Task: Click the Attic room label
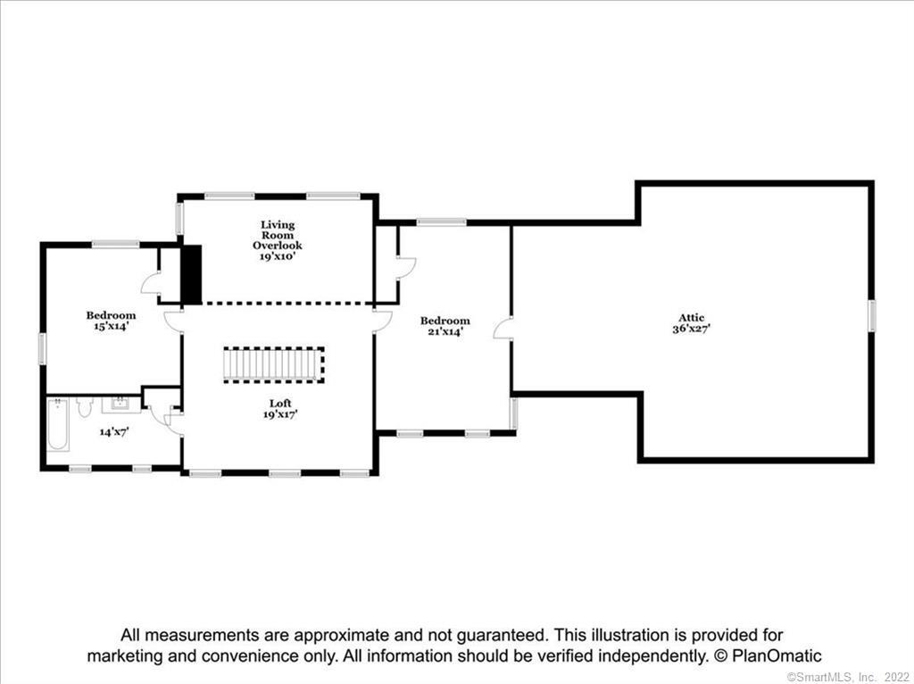[x=692, y=318]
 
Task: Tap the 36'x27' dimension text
[x=692, y=329]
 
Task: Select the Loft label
[x=280, y=404]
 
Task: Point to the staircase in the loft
[x=274, y=365]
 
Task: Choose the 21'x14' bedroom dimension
[x=445, y=331]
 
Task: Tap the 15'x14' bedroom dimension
[x=111, y=326]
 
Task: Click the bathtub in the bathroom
[x=58, y=424]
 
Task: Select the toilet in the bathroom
[x=85, y=406]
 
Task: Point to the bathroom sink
[x=121, y=405]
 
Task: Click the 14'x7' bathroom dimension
[x=113, y=432]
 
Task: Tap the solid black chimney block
[x=191, y=274]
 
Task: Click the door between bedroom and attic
[x=503, y=328]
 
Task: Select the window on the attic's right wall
[x=871, y=315]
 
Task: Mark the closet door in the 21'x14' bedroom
[x=406, y=267]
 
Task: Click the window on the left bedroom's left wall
[x=43, y=349]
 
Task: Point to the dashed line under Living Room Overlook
[x=287, y=304]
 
